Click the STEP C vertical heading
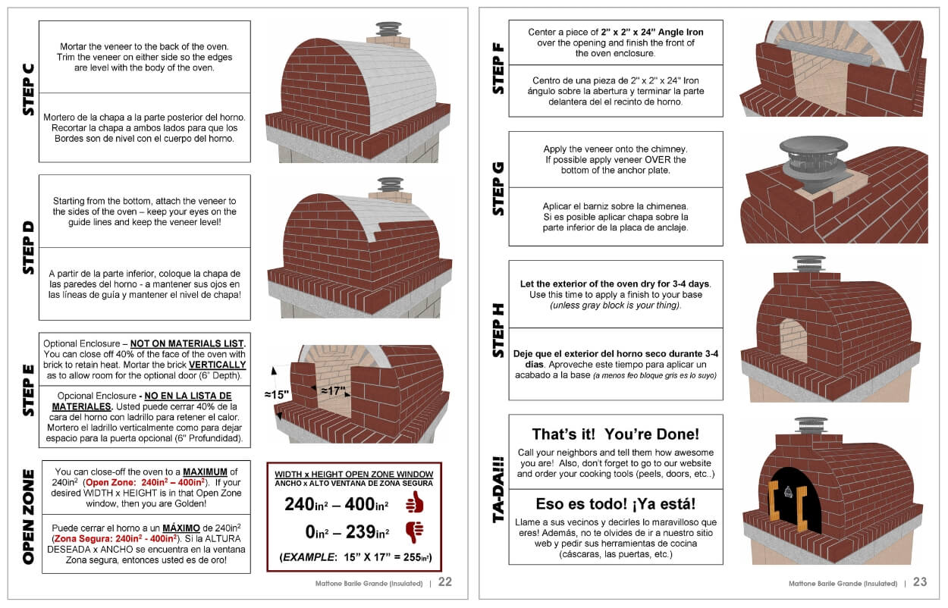(28, 89)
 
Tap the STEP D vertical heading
(28, 248)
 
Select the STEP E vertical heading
(28, 390)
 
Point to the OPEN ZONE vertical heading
(28, 516)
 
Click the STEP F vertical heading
(498, 68)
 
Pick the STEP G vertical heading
(498, 188)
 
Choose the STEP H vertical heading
(498, 330)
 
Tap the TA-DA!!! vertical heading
(498, 489)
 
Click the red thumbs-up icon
(413, 503)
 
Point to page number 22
(445, 582)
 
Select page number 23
(920, 582)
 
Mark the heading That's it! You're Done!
(615, 434)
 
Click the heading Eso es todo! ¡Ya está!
(615, 503)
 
